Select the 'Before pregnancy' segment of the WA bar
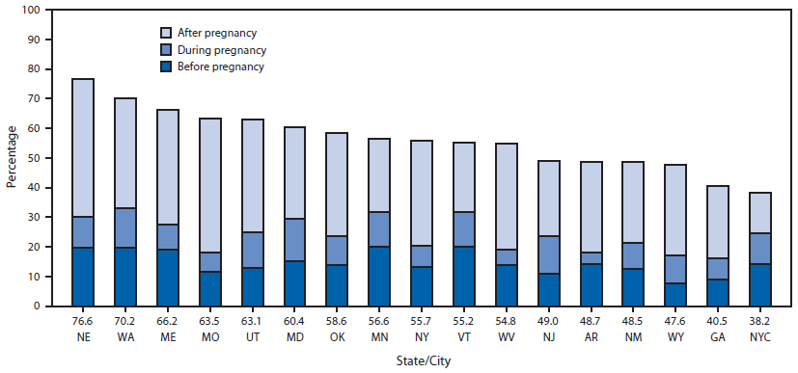125,277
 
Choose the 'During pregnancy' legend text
220,49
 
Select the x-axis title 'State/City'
422,361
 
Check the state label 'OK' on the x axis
338,337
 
